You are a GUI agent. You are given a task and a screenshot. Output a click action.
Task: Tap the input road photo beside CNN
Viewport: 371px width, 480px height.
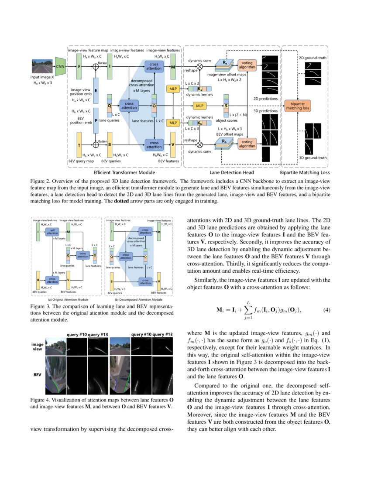pyautogui.click(x=42, y=66)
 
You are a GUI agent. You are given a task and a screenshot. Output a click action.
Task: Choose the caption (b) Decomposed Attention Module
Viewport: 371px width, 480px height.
pyautogui.click(x=138, y=300)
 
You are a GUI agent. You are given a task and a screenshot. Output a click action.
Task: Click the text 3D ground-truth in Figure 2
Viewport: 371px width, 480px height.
pyautogui.click(x=313, y=158)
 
